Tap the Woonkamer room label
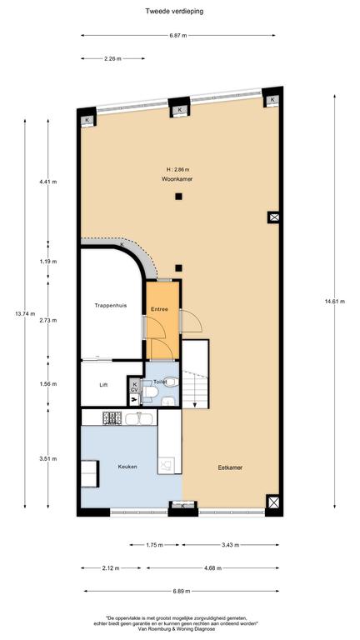[177, 179]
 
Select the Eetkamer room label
[230, 467]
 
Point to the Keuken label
[127, 467]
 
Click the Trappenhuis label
[107, 305]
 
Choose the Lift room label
[103, 384]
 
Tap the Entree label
[160, 309]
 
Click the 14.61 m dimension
[335, 302]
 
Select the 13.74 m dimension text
[25, 313]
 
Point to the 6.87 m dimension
[178, 36]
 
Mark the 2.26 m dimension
[112, 59]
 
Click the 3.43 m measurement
[231, 545]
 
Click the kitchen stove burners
[112, 417]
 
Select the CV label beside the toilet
[134, 390]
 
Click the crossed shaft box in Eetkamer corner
[273, 502]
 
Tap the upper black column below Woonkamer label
[178, 197]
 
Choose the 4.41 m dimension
[48, 182]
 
